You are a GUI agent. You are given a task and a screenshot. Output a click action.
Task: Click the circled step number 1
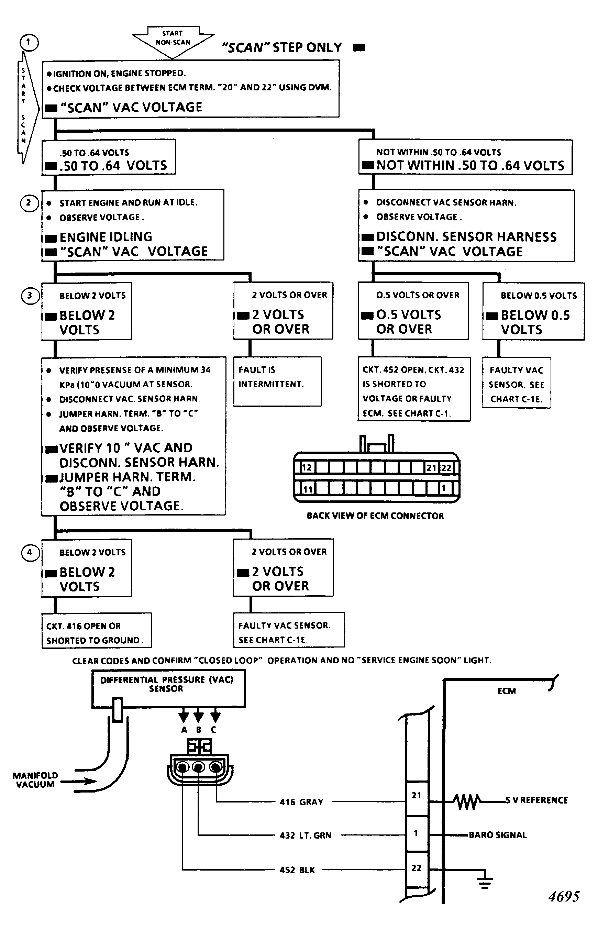click(28, 42)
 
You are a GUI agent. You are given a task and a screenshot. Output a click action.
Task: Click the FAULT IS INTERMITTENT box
click(277, 381)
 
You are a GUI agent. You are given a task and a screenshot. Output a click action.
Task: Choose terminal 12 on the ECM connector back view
click(306, 467)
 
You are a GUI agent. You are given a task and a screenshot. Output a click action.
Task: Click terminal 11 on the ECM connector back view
click(308, 488)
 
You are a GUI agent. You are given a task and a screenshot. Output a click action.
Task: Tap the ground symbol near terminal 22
click(485, 882)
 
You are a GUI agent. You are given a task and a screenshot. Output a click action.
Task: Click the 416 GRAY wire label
click(301, 802)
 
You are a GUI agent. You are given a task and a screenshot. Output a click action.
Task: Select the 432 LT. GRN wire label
click(306, 835)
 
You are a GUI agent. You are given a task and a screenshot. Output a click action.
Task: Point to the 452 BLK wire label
click(297, 870)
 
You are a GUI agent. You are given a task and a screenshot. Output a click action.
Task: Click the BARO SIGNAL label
click(498, 835)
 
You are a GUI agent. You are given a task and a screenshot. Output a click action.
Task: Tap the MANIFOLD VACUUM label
click(35, 780)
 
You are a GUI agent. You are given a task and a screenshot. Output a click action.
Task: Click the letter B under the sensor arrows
click(199, 730)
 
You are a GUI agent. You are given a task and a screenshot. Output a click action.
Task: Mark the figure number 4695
click(564, 897)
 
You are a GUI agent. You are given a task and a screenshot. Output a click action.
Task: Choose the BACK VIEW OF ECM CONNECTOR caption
click(375, 516)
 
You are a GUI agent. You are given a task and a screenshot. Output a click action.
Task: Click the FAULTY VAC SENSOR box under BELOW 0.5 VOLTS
click(517, 383)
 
